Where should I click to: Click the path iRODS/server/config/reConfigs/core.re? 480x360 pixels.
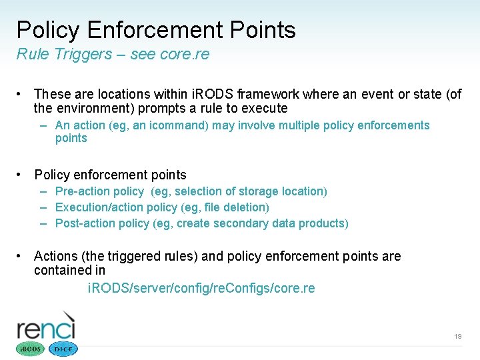[x=201, y=289]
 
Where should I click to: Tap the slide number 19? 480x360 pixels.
[x=457, y=337]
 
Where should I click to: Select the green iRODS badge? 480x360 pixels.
[x=29, y=349]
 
